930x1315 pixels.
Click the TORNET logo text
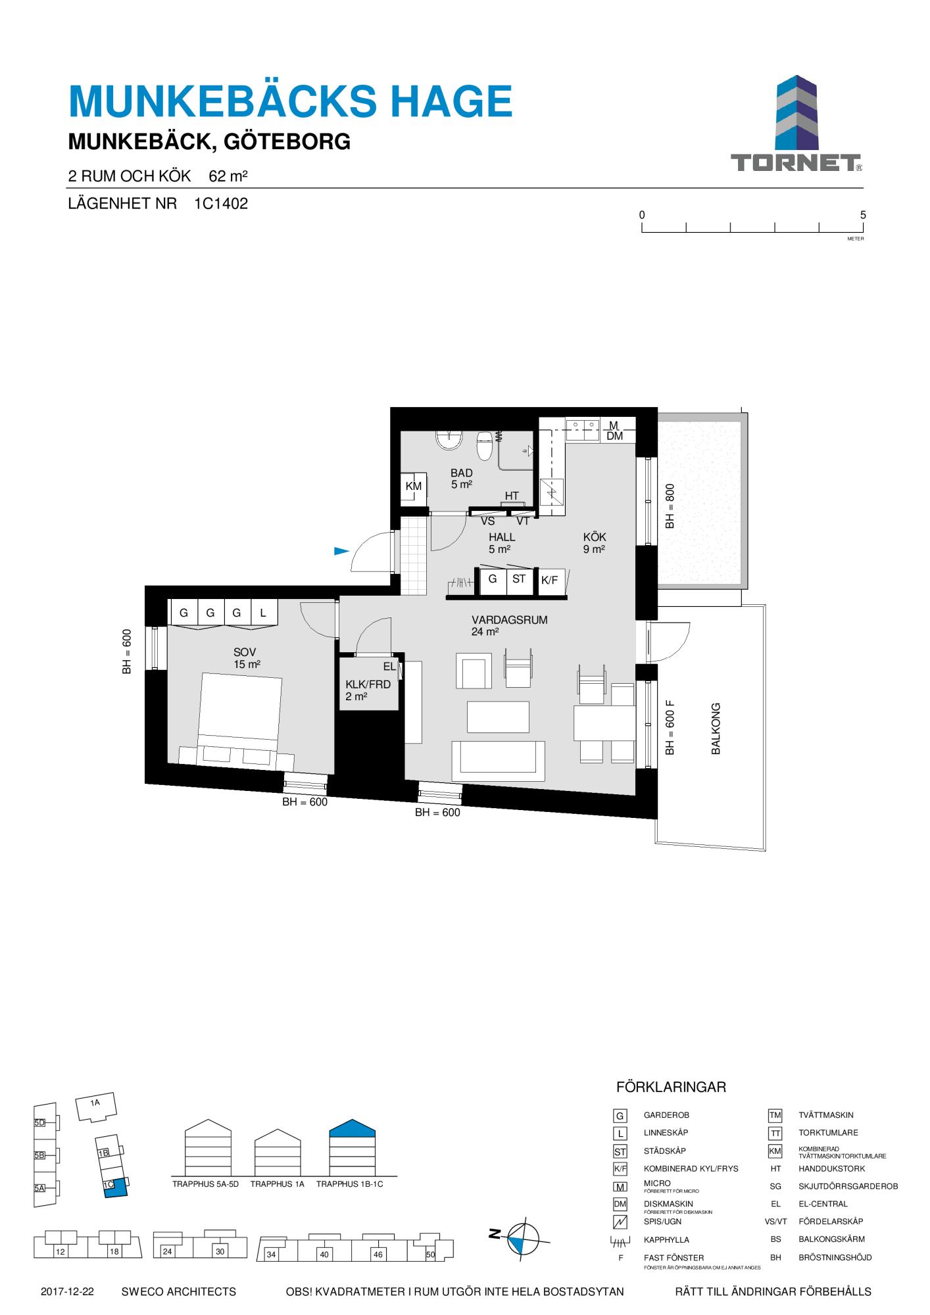[796, 163]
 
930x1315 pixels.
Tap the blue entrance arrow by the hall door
[341, 551]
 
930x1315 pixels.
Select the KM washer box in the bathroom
[414, 487]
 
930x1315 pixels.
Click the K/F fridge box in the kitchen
[549, 581]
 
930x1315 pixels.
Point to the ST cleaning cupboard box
[519, 579]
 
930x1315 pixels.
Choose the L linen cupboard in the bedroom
[263, 613]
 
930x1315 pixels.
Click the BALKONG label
[716, 729]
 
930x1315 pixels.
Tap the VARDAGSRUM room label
[510, 620]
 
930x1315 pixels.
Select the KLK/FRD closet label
[368, 684]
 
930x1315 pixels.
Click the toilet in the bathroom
[485, 446]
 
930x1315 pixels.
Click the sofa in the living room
[498, 761]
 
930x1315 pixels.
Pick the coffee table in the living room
[498, 717]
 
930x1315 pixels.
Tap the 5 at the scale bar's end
[863, 215]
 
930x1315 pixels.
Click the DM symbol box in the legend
[620, 1204]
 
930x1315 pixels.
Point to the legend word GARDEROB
[666, 1115]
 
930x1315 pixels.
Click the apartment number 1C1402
[221, 204]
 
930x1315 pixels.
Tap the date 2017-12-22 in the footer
[67, 1291]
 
